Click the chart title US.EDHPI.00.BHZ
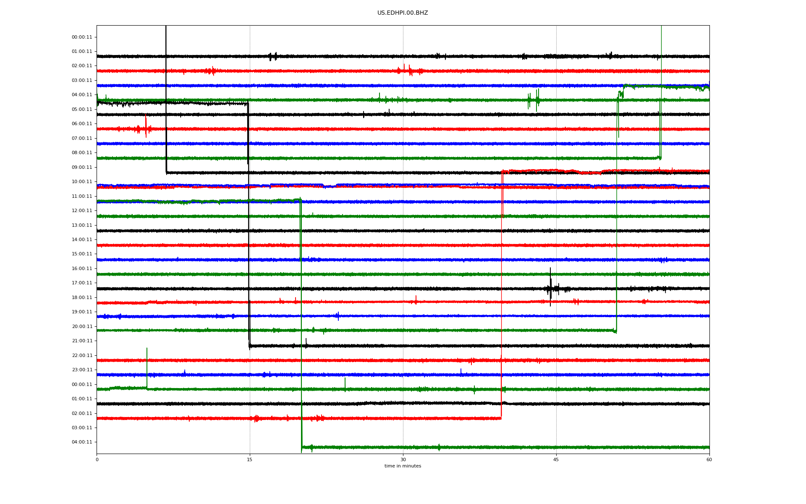403,13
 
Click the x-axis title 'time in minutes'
403,466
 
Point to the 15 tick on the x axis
250,459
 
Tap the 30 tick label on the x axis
403,459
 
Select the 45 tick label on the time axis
556,459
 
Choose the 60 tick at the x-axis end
709,459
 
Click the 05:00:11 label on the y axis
82,110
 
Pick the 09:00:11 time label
82,168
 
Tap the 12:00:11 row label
82,211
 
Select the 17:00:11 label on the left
82,283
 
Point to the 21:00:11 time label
82,341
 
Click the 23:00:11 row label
82,370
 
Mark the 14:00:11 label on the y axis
82,240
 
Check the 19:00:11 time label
82,312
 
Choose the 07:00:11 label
82,139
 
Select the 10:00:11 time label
82,182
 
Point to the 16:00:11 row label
82,269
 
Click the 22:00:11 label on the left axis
82,356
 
